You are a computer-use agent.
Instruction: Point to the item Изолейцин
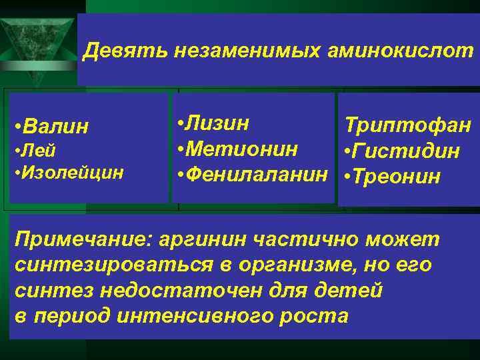tap(72, 173)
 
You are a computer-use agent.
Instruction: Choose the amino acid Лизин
tap(218, 123)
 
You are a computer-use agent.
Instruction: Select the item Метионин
tap(241, 149)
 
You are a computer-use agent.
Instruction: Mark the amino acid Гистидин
tap(405, 151)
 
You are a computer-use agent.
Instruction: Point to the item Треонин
tap(395, 177)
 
